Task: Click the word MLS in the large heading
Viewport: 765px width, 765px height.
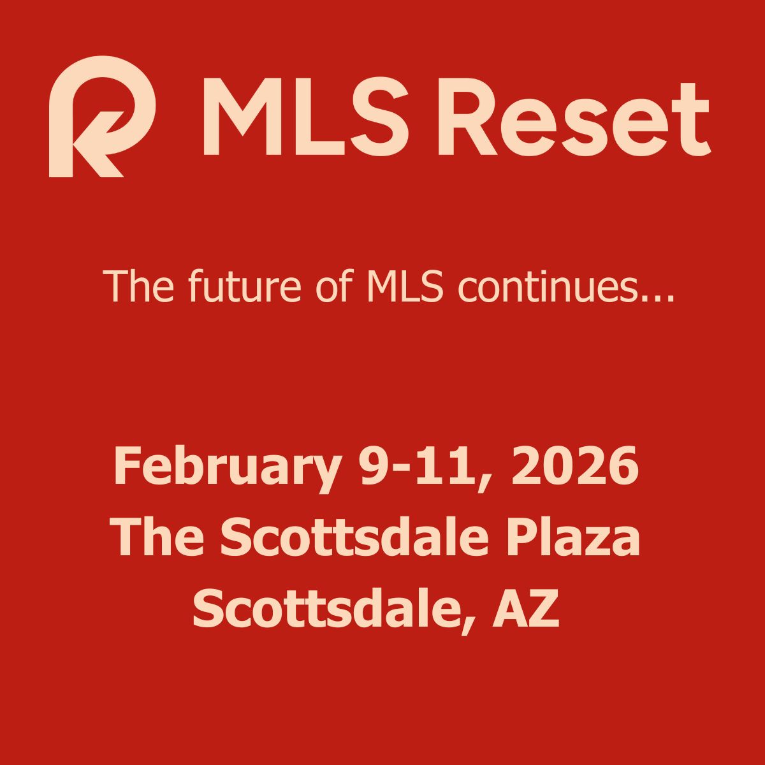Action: pyautogui.click(x=305, y=116)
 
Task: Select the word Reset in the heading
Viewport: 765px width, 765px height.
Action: pyautogui.click(x=573, y=116)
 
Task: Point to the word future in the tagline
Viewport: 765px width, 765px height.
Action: pyautogui.click(x=245, y=285)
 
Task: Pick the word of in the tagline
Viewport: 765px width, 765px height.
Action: pyautogui.click(x=335, y=285)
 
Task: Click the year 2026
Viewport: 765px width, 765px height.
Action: pyautogui.click(x=575, y=466)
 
